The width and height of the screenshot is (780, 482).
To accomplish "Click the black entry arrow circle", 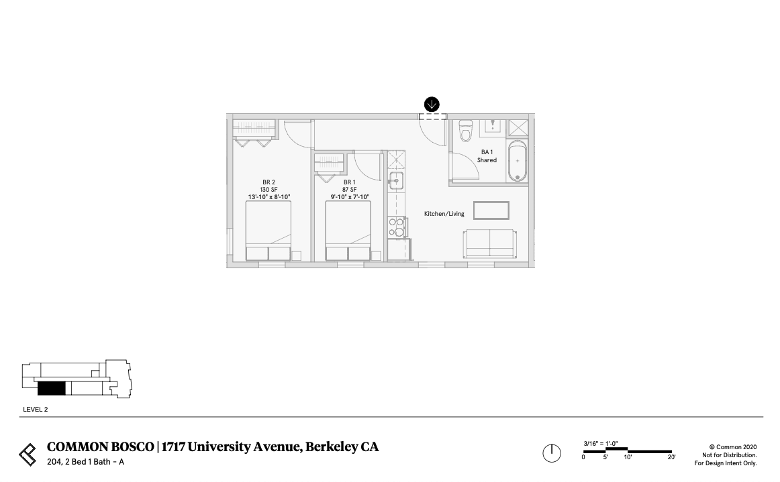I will coord(432,104).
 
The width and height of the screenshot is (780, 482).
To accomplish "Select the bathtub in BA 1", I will coord(517,162).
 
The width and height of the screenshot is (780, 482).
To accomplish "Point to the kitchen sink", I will coord(395,180).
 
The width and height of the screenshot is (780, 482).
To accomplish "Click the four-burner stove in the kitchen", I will coord(396,227).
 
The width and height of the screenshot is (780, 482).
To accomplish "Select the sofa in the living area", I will coord(490,243).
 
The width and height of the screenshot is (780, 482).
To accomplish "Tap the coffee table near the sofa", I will coord(491,210).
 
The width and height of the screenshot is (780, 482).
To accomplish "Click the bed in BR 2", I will coord(269,231).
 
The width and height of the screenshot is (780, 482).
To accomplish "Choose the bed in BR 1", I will coord(348,231).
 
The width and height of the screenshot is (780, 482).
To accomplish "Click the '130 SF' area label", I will coord(269,190).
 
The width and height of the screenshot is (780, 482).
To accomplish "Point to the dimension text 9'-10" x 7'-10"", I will coord(350,197).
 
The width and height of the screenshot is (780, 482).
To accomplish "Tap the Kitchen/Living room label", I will coord(444,214).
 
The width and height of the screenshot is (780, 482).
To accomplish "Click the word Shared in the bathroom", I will coord(487,160).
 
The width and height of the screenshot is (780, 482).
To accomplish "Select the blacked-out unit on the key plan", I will coord(51,388).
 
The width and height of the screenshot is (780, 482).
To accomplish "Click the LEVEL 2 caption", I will coord(36,409).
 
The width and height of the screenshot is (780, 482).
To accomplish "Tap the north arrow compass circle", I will coord(551,453).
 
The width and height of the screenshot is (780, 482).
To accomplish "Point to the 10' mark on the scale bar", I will coord(628,457).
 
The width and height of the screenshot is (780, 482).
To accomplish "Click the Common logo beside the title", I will coord(28,454).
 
